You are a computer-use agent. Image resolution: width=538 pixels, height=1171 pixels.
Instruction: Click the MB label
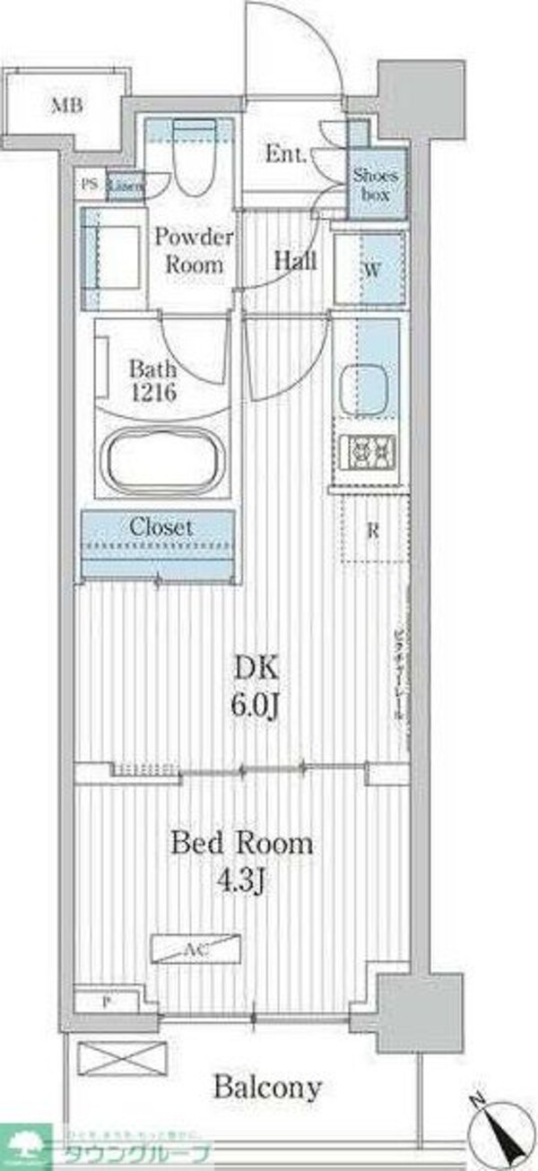coord(66,108)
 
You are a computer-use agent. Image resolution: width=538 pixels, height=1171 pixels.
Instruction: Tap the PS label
coord(89,185)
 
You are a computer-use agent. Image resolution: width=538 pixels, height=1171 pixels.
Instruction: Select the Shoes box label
coord(373,184)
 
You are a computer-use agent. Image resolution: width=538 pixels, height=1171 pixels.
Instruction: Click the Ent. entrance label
coord(285,154)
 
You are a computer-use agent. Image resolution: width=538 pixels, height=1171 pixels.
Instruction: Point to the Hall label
coord(294,262)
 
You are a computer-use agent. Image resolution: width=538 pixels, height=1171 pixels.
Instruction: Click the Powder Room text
coord(194,252)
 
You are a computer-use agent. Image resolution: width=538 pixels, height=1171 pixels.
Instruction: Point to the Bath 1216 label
coord(154,378)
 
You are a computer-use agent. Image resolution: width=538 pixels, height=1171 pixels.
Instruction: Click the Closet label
coord(161,527)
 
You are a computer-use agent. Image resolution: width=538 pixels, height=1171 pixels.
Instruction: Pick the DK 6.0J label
coord(257,682)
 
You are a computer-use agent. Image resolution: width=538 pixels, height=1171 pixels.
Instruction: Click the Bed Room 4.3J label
coord(241,859)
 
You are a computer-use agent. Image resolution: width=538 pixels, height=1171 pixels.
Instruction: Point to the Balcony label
coord(267,1089)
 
